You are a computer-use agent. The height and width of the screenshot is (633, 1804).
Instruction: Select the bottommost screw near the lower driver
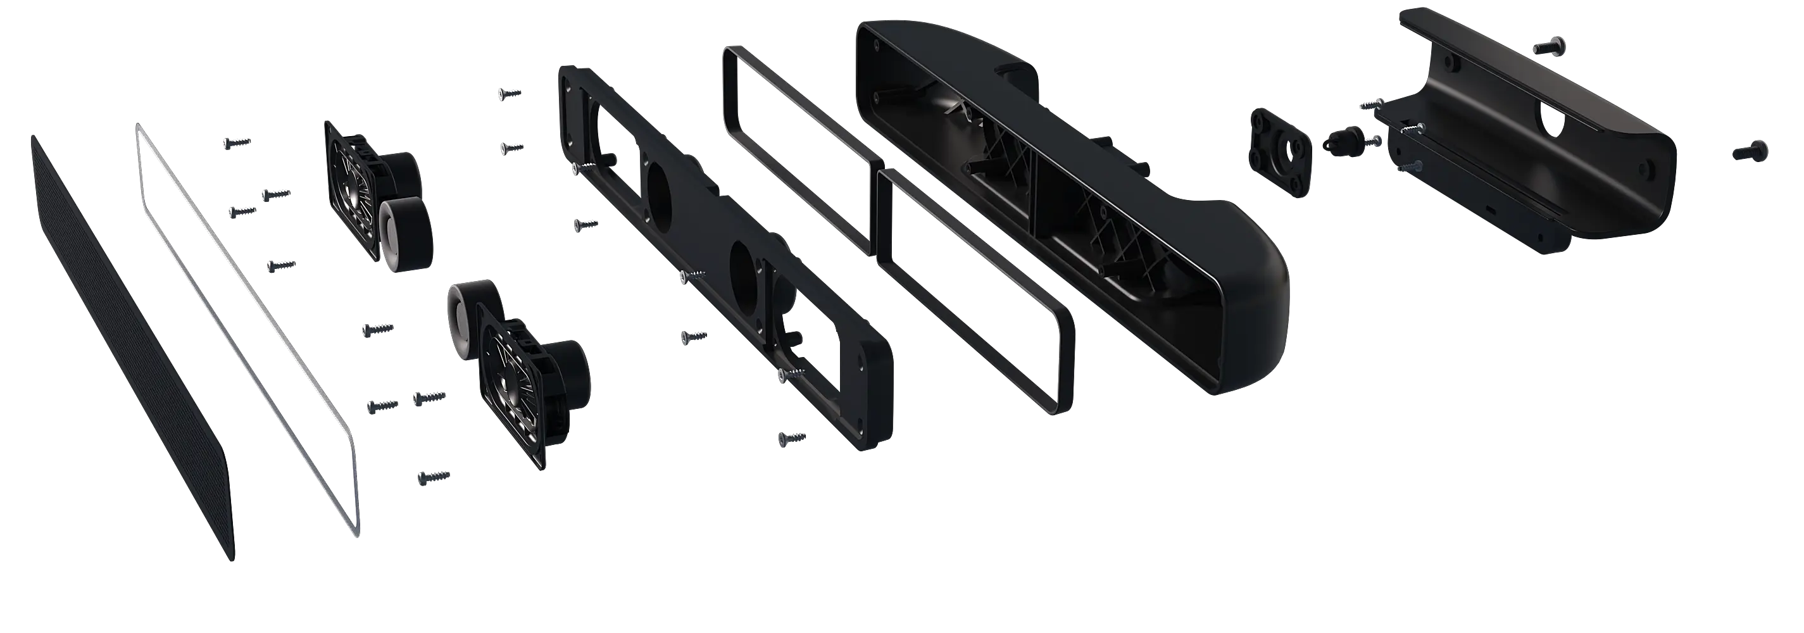pyautogui.click(x=432, y=477)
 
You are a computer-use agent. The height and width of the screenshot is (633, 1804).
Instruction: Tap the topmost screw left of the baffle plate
pyautogui.click(x=509, y=92)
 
